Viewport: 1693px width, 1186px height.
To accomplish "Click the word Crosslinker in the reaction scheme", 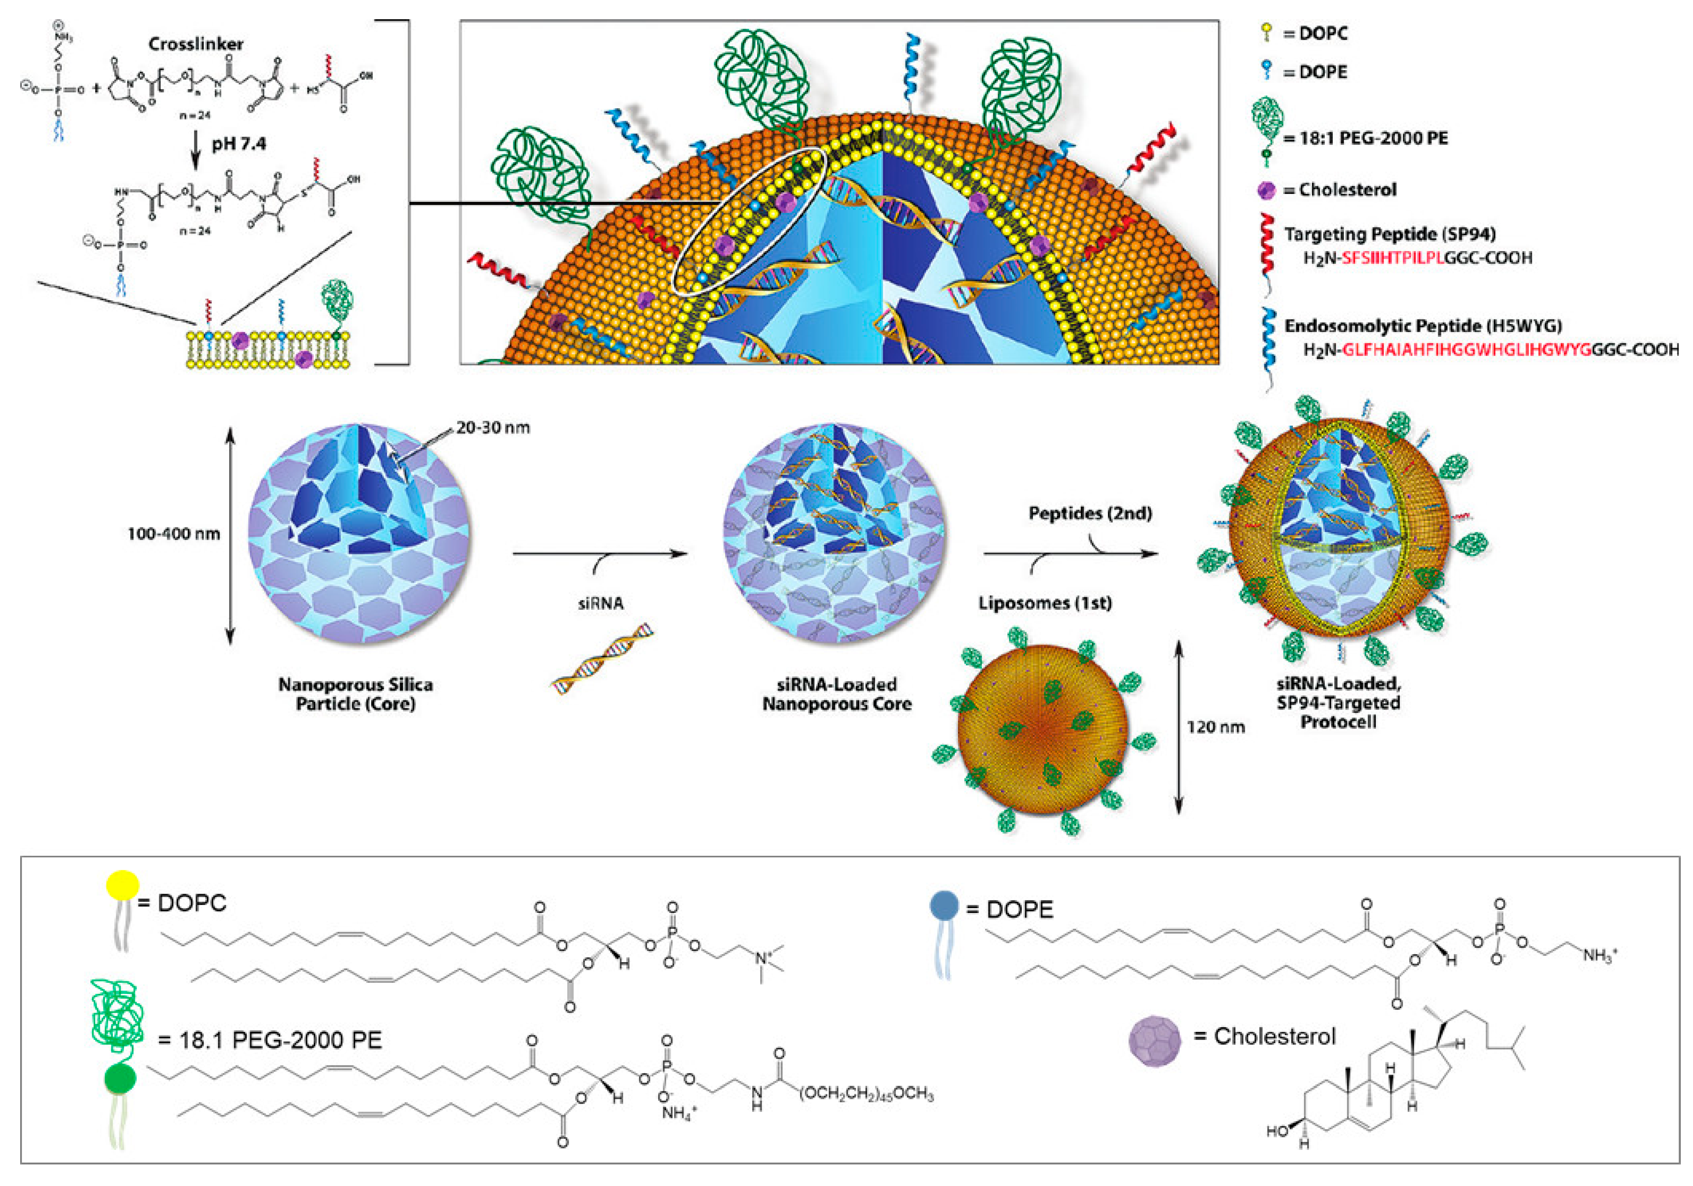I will click(196, 44).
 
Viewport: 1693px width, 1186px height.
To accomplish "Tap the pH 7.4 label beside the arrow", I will click(239, 144).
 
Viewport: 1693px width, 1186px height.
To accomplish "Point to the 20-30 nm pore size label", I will click(492, 428).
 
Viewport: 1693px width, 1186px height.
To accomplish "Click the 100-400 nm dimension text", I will click(174, 534).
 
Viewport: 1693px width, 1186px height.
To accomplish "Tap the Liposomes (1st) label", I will click(1045, 603).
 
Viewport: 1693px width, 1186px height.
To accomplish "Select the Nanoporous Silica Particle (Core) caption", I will click(356, 694).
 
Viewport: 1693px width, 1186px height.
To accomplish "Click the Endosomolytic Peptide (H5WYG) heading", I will click(1423, 326).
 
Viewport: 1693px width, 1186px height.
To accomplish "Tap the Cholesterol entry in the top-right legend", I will click(1347, 190).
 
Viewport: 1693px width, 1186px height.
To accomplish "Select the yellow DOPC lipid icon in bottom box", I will click(122, 884).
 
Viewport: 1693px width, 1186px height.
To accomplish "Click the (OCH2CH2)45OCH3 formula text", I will click(866, 1095).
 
